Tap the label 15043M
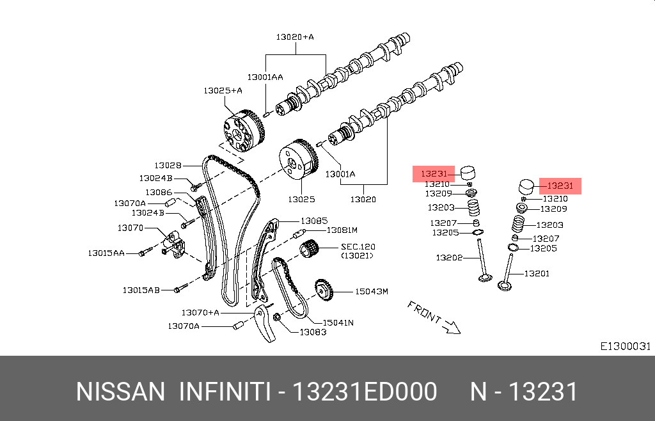point(372,292)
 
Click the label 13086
point(158,192)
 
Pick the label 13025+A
point(223,90)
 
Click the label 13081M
point(342,230)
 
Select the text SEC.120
point(358,246)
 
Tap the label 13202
point(449,258)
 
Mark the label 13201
point(537,273)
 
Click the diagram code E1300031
point(625,346)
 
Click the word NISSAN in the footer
point(120,392)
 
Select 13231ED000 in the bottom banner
point(364,392)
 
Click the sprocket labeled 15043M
point(324,291)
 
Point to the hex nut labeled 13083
point(277,319)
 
